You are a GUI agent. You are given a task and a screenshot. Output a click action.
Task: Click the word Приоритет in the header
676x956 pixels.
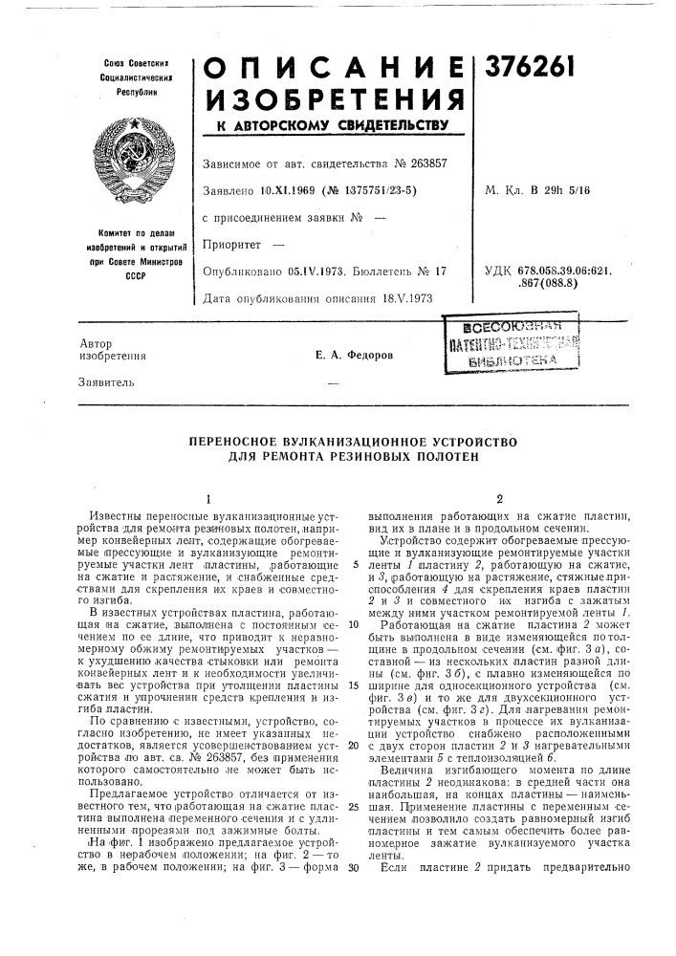(237, 245)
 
